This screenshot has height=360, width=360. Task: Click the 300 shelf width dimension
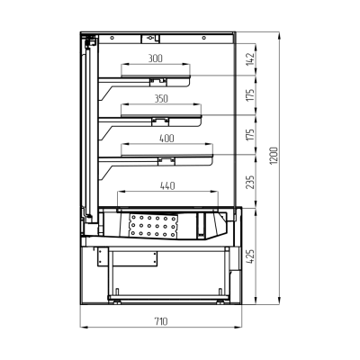156,58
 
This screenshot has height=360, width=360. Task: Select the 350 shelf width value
161,99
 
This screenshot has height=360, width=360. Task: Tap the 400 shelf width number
166,139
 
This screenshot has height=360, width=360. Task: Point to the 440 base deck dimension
167,186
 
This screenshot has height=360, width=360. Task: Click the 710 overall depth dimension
161,321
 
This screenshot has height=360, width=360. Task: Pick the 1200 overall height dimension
274,156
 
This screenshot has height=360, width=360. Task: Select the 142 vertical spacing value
250,58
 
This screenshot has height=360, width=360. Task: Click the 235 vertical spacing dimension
250,182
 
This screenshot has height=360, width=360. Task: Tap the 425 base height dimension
250,256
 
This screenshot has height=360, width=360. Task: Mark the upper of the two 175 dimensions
250,94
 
